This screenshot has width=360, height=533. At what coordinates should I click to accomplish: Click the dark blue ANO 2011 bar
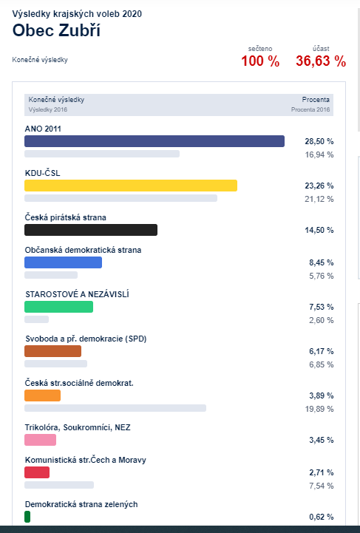tap(154, 141)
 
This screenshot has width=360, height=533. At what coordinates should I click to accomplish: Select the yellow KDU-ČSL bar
tap(131, 186)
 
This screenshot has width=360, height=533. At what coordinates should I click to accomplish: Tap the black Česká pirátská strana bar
tap(91, 230)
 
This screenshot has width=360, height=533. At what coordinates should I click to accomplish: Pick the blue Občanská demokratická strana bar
tap(64, 262)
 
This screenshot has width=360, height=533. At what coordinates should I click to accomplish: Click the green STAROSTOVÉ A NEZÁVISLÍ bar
tap(59, 307)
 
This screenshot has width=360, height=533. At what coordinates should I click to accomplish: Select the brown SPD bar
tap(52, 351)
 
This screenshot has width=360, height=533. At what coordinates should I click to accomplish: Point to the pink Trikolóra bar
tap(40, 440)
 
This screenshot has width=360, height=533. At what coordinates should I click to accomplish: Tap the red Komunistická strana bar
tap(37, 472)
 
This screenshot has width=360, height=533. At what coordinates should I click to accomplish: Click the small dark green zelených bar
tap(27, 517)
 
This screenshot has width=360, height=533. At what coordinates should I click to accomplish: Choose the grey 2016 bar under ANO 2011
tap(102, 154)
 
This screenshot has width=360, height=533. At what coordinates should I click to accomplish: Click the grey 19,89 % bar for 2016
tap(115, 408)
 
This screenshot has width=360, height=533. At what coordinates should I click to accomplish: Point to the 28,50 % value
tap(319, 141)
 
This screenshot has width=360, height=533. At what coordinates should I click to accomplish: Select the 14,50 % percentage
tap(319, 230)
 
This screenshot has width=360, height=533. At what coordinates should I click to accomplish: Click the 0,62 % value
tap(322, 517)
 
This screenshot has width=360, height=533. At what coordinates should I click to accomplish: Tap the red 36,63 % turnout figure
tap(321, 61)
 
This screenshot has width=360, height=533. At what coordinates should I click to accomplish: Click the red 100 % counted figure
tap(260, 61)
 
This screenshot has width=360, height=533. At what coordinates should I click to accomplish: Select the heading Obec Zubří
tap(56, 30)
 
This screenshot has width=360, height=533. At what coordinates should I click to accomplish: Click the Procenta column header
tap(316, 100)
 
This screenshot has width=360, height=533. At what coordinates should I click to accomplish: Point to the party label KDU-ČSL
tap(42, 173)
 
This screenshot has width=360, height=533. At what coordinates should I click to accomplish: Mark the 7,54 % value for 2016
tap(322, 486)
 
